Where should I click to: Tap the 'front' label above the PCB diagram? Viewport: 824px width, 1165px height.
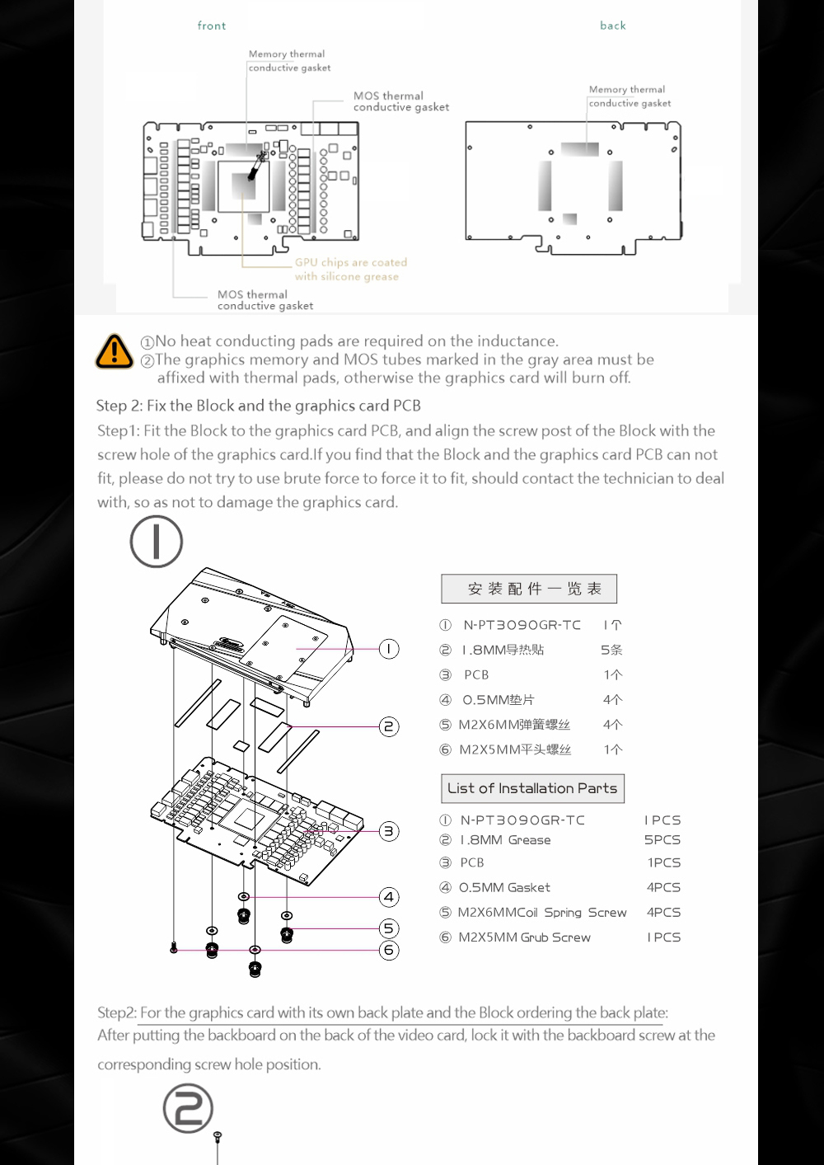[212, 26]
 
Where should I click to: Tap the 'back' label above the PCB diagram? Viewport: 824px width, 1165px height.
[613, 26]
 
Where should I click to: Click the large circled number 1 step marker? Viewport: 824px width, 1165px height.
[157, 542]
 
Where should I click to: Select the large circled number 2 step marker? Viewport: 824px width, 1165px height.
[188, 1108]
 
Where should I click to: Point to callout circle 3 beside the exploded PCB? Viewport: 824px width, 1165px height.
[389, 831]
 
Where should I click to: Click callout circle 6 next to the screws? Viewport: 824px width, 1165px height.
[389, 950]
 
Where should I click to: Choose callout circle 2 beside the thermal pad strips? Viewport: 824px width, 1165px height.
[389, 726]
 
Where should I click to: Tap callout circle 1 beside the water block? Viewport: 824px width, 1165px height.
[389, 649]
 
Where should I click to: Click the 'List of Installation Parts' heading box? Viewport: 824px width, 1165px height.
[532, 788]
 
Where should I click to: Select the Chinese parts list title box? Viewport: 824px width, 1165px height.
[529, 589]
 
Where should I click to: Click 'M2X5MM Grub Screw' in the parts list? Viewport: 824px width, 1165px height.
[524, 937]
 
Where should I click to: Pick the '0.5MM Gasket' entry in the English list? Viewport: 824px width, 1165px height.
[504, 888]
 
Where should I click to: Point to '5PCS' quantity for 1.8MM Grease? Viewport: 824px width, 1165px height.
[662, 840]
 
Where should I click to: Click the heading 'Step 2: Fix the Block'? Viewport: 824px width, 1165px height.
[258, 406]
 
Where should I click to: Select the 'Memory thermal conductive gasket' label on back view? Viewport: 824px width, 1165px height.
[630, 96]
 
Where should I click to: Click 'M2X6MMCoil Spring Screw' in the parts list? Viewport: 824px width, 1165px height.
[542, 913]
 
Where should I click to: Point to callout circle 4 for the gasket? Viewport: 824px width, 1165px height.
[389, 897]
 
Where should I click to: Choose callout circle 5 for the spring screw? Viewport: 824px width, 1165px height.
[389, 928]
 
